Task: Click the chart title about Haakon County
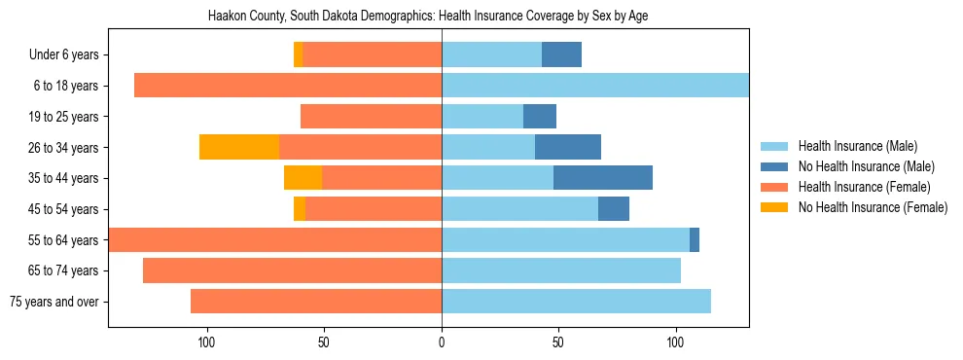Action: coord(428,17)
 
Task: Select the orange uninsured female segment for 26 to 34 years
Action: coord(239,147)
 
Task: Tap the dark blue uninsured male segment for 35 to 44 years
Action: coord(603,178)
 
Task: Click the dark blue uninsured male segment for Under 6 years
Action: coord(561,54)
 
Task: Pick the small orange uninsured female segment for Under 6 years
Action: coord(298,54)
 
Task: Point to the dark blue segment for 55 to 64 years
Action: coord(695,239)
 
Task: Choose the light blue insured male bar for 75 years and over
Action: coord(576,302)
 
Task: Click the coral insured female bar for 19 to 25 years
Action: coord(371,117)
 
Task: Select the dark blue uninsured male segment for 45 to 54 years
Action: coord(614,209)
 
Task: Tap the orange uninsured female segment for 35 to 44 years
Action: coord(303,178)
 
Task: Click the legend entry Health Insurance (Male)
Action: coord(857,146)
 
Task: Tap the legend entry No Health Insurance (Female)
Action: coord(872,207)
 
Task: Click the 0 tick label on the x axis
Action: coord(442,342)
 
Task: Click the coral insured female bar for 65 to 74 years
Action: coord(292,270)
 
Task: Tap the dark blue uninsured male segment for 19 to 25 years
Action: coord(540,117)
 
